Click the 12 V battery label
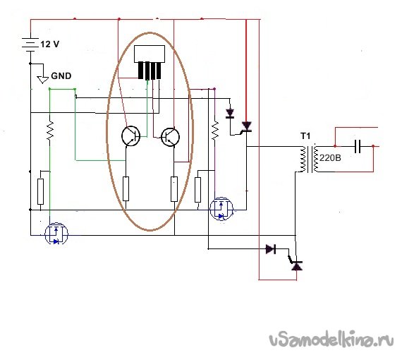pyautogui.click(x=50, y=44)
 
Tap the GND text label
pyautogui.click(x=61, y=76)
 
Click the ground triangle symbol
pyautogui.click(x=43, y=80)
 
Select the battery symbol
pyautogui.click(x=30, y=44)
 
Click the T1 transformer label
pyautogui.click(x=305, y=136)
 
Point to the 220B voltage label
pyautogui.click(x=330, y=158)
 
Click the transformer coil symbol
pyautogui.click(x=309, y=159)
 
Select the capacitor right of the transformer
pyautogui.click(x=358, y=146)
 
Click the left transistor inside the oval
pyautogui.click(x=130, y=136)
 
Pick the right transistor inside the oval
pyautogui.click(x=170, y=137)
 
